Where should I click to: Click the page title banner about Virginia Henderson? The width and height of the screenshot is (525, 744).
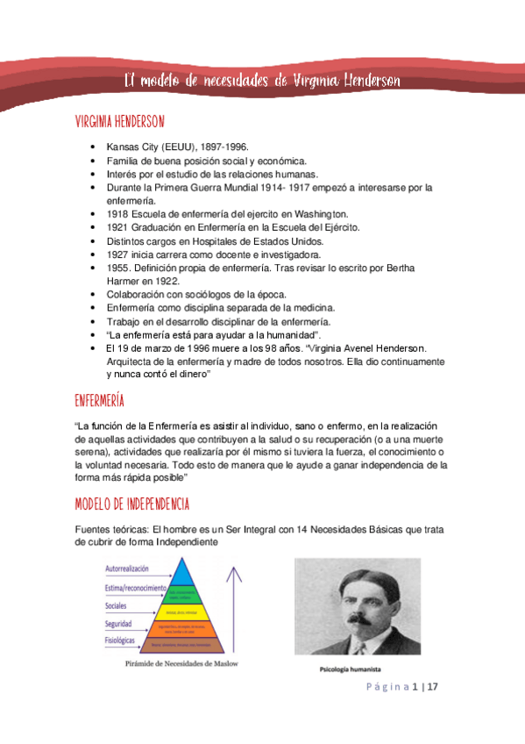[x=262, y=81]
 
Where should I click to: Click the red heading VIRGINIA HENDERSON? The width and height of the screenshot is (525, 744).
[x=119, y=121]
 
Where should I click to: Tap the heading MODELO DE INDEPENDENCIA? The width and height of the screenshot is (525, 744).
[x=131, y=504]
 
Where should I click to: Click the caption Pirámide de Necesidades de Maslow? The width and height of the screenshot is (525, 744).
[x=179, y=664]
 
